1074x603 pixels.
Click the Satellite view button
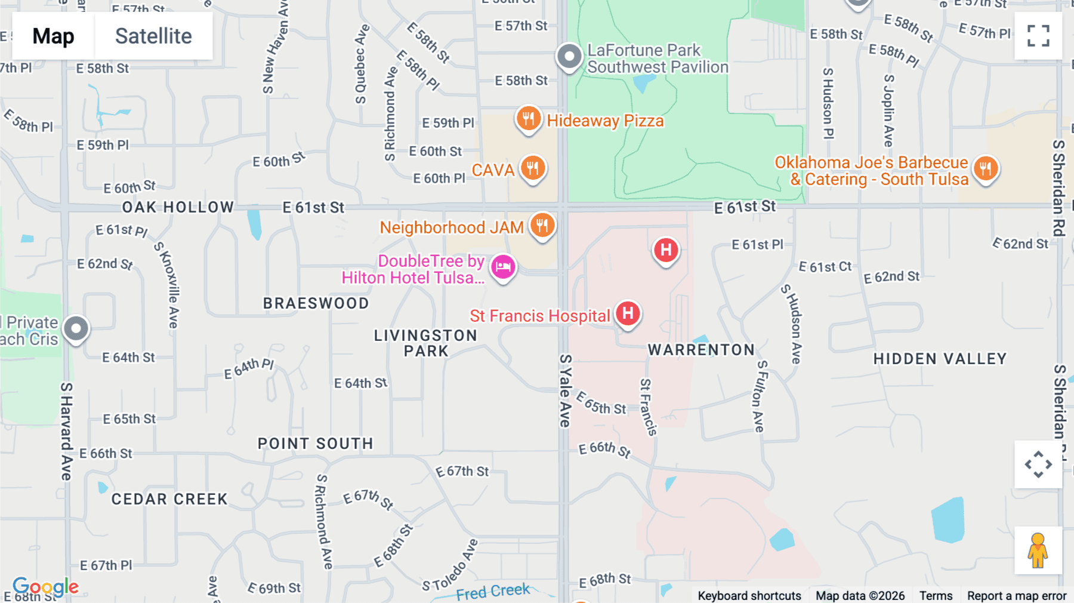coord(153,36)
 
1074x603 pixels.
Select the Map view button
coord(53,36)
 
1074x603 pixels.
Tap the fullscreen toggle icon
coord(1038,36)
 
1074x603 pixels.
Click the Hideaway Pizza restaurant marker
coord(528,119)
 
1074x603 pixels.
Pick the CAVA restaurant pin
coord(533,168)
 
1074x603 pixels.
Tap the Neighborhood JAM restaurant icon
coord(542,226)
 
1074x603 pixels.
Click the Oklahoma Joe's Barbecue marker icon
coord(985,169)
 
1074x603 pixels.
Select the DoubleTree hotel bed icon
coord(503,267)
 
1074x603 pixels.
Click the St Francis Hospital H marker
coord(628,313)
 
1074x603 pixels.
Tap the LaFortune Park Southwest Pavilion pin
coord(569,57)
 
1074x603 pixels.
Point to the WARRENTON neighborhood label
coord(701,350)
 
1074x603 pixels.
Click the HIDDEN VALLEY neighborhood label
coord(940,359)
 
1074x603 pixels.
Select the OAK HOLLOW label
coord(178,207)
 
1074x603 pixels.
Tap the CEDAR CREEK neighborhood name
coord(169,499)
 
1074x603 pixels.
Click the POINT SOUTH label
coord(315,444)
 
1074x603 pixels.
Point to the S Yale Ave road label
coord(565,391)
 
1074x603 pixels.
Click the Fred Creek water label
coord(493,592)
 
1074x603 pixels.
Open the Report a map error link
coord(1016,596)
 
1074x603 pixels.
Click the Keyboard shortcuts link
coord(749,596)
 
